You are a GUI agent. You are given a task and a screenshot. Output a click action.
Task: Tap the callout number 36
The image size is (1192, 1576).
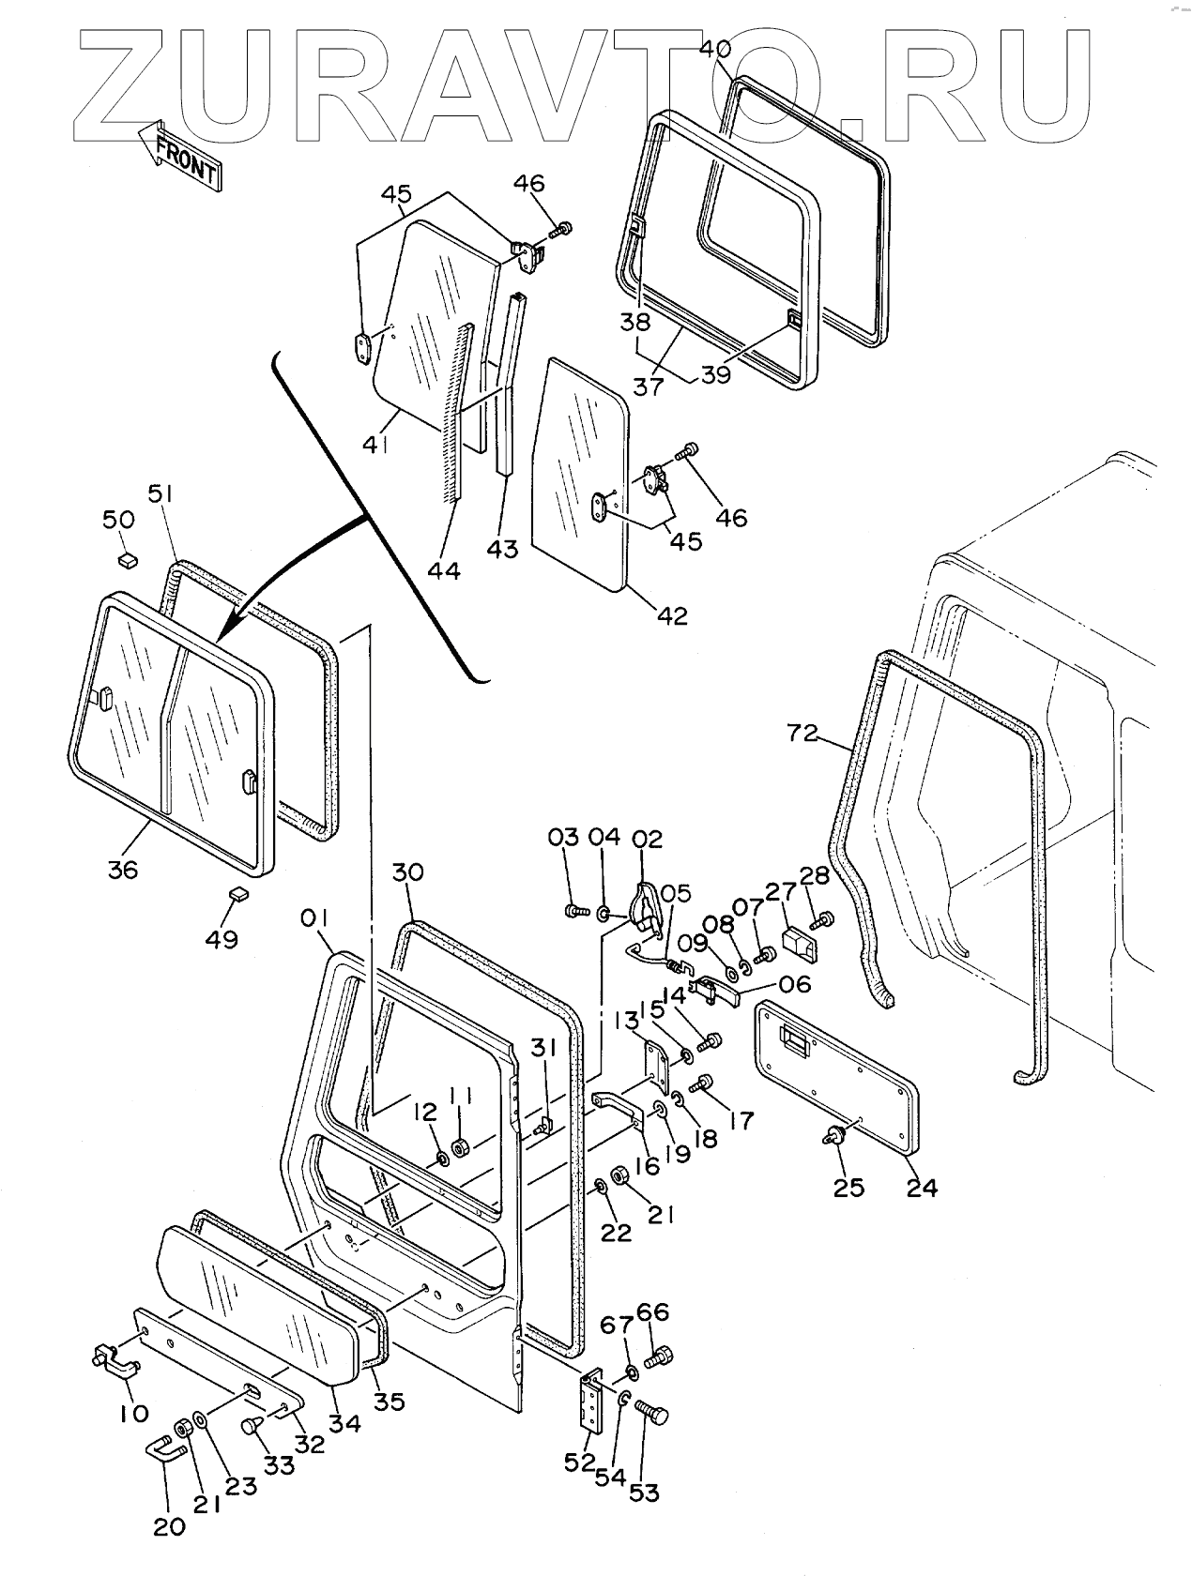(x=122, y=869)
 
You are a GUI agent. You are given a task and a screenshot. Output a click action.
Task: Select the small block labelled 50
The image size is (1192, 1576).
(x=127, y=560)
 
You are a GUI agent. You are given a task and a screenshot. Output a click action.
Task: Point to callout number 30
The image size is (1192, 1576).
(x=408, y=873)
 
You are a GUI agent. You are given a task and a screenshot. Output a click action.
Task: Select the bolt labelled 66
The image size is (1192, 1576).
(x=659, y=1355)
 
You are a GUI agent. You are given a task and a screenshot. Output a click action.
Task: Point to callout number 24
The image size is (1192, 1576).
(x=923, y=1187)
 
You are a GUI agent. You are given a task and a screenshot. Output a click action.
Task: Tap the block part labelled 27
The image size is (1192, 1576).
(x=801, y=942)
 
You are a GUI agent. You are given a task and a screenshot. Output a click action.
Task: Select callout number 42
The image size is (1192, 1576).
(x=673, y=615)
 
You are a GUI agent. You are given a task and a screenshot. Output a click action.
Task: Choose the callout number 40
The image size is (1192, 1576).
(x=715, y=48)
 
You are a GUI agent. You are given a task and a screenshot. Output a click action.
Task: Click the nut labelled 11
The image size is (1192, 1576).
(x=461, y=1146)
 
